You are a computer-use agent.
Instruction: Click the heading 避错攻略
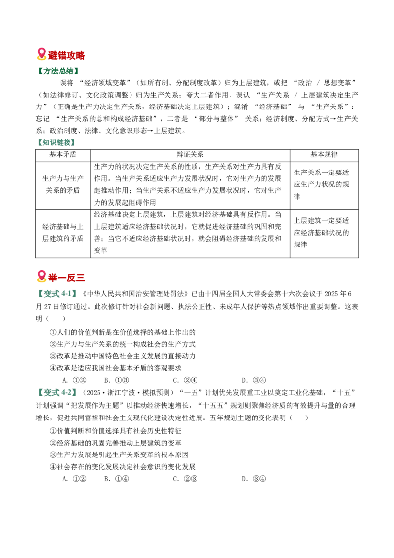(66, 55)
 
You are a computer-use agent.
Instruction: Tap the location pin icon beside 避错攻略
(41, 54)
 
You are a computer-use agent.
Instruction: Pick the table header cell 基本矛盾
(63, 155)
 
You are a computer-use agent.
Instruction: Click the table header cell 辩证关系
(190, 155)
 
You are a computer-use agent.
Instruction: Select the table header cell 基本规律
(324, 155)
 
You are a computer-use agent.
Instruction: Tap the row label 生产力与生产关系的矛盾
(63, 184)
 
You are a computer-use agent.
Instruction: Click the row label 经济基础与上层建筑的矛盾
(63, 233)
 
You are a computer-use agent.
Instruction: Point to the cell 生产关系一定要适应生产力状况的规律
(321, 184)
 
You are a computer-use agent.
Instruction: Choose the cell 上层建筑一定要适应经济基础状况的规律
(321, 232)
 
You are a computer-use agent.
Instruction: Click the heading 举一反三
(66, 277)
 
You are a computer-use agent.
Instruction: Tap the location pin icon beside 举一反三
(41, 277)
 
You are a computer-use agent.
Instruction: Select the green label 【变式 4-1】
(57, 294)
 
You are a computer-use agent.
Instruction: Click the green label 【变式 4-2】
(57, 393)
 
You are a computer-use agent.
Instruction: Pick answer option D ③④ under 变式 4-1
(254, 380)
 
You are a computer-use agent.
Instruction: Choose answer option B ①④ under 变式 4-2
(116, 479)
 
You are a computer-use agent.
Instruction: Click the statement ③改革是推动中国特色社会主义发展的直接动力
(122, 356)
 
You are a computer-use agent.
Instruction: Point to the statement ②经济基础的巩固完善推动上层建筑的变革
(115, 443)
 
